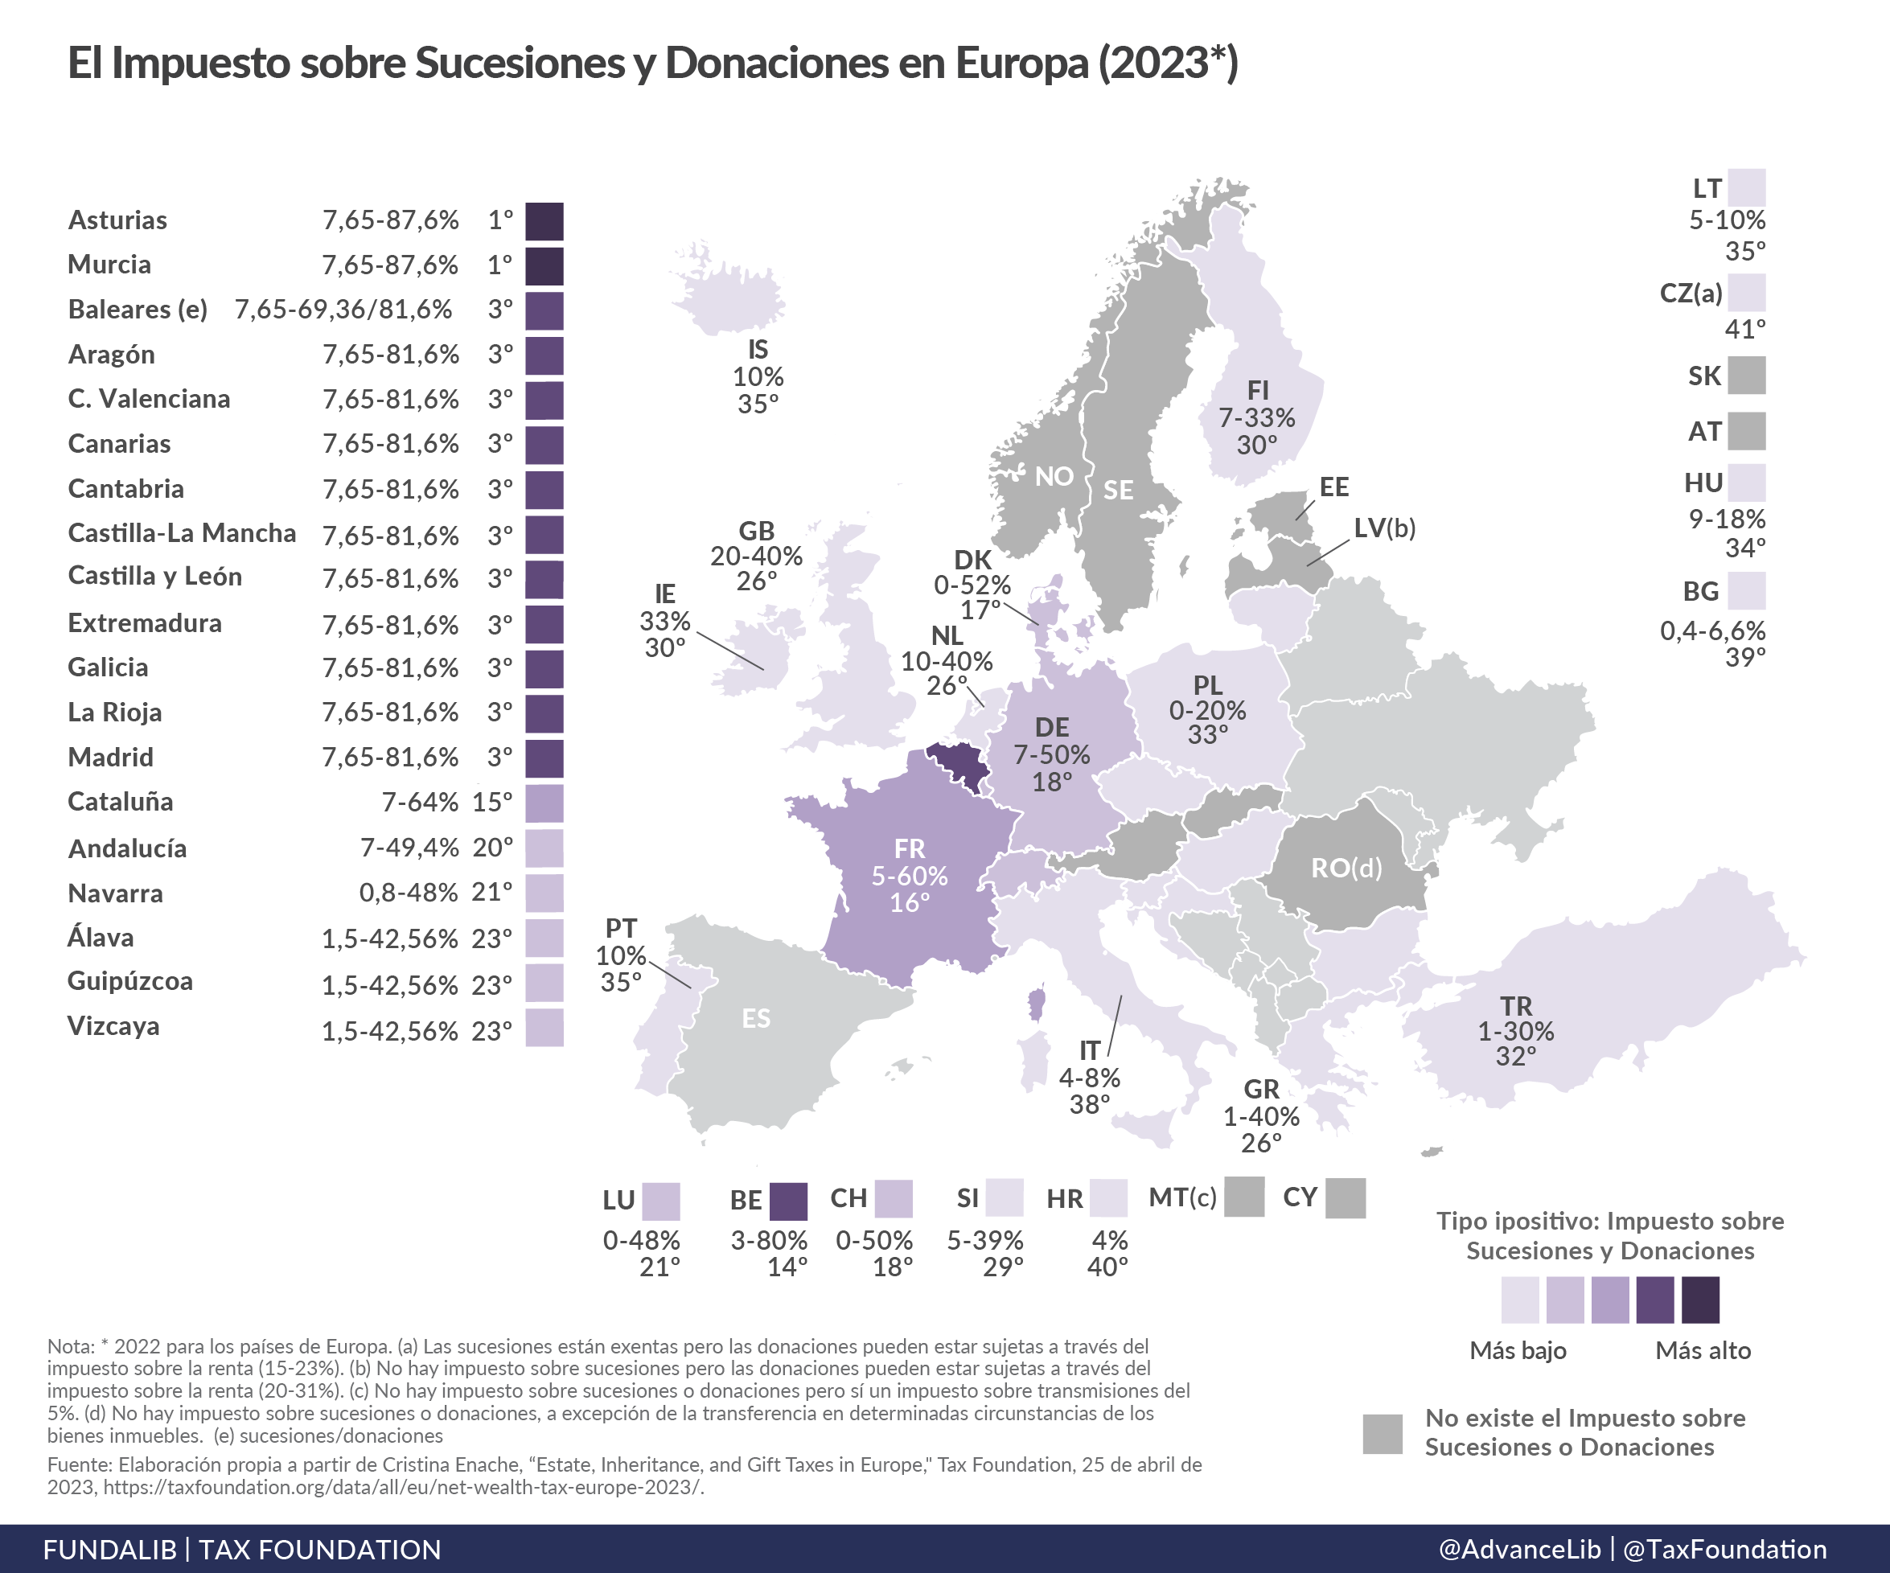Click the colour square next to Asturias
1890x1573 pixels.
coord(544,221)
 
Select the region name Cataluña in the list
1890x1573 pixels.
coord(121,802)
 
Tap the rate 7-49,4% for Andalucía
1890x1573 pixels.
coord(409,847)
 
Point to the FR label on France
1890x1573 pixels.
coord(909,848)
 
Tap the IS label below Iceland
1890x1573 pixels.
coord(758,349)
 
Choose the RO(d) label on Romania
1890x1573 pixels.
coord(1346,868)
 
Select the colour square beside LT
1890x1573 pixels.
coord(1747,187)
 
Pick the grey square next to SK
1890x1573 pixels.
coord(1747,376)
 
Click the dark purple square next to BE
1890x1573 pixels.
coord(788,1201)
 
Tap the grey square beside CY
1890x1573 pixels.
coord(1346,1197)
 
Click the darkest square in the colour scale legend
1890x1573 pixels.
coord(1700,1300)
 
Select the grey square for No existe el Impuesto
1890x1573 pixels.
coord(1383,1434)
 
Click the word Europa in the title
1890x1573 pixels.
coord(1021,63)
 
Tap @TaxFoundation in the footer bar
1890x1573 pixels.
coord(1725,1549)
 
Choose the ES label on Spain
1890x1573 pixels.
coord(756,1018)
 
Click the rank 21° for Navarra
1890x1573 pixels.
coord(491,893)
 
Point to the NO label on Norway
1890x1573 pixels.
coord(1054,476)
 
